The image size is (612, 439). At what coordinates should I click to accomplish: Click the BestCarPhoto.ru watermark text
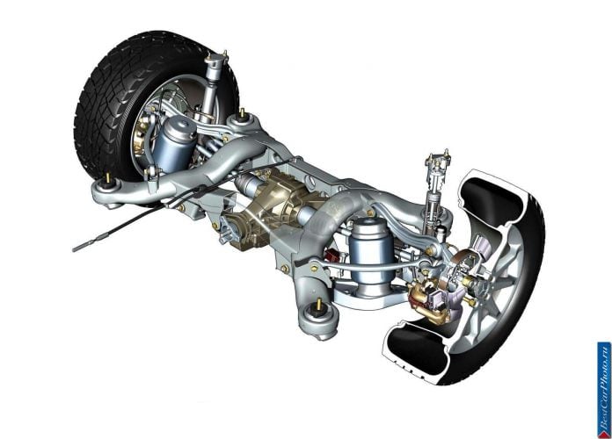(x=603, y=390)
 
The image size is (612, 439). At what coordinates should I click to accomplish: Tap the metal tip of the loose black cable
(x=84, y=246)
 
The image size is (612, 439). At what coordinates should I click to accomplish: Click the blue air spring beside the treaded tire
(x=175, y=143)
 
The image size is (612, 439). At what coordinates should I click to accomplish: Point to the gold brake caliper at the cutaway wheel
(x=428, y=303)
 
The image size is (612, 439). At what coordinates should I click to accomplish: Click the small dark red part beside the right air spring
(x=332, y=256)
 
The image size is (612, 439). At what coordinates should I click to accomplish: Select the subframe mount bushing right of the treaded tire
(x=243, y=118)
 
